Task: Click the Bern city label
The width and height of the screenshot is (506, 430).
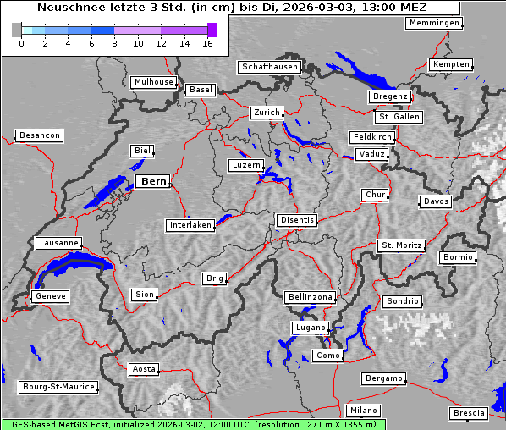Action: coord(152,181)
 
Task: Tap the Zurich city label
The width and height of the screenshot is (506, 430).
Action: coord(266,113)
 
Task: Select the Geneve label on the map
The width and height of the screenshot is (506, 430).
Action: coord(50,296)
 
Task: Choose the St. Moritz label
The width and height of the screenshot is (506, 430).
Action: coord(401,245)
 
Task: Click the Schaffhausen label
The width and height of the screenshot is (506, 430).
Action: coord(269,67)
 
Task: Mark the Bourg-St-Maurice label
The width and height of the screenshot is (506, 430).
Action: coord(58,387)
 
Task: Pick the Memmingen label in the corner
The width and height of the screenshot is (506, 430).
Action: coord(433,23)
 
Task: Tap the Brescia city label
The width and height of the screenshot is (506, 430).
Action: coord(469,413)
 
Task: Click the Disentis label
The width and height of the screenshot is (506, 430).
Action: coord(297,220)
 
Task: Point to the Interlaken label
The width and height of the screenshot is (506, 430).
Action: coord(190,225)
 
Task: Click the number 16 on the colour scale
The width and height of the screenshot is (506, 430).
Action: coord(208,43)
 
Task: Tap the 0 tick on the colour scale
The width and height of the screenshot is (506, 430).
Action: coord(21,43)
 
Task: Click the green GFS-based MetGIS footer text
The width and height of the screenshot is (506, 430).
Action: coord(193,424)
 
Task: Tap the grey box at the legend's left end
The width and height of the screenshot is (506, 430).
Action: coord(16,30)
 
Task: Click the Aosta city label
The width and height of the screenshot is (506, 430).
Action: coord(144,369)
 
